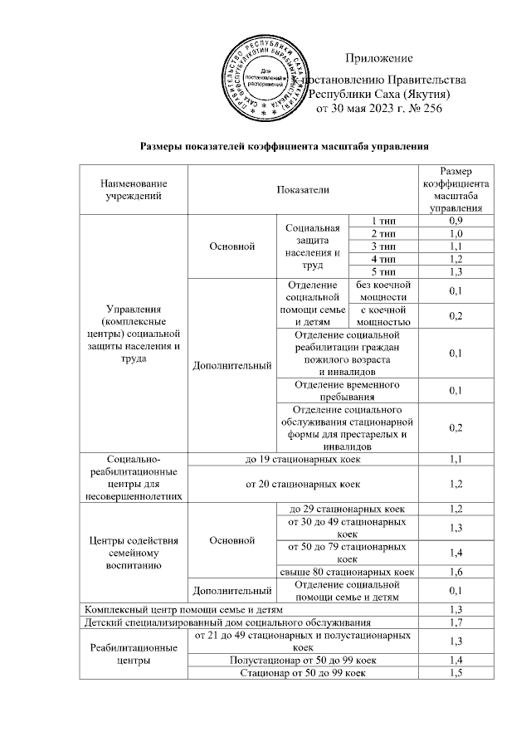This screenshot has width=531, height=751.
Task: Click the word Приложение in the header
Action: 378,57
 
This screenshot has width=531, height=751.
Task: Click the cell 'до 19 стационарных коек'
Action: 302,459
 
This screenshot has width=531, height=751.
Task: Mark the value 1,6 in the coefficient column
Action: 455,572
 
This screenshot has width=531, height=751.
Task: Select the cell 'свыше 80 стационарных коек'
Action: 346,572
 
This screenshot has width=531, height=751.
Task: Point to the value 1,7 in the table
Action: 455,622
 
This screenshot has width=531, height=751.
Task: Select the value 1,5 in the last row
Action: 455,673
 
